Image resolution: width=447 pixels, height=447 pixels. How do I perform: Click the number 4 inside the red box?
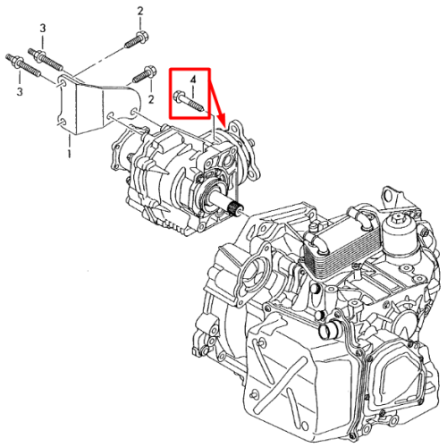point(193,80)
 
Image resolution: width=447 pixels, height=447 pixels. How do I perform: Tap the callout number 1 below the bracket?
point(69,153)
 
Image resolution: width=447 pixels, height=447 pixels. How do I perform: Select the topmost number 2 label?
point(140,12)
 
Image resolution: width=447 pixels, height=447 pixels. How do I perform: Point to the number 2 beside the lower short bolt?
point(151,99)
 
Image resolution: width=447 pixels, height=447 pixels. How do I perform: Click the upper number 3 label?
point(43,29)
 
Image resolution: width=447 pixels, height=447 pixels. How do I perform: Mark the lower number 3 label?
point(20,91)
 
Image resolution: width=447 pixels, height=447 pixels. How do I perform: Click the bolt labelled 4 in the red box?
point(189,101)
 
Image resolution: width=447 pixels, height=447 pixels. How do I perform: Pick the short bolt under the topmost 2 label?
point(137,39)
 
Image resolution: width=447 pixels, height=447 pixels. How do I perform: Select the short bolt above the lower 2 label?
point(144,74)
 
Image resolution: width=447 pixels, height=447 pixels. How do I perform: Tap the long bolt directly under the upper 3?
point(46,59)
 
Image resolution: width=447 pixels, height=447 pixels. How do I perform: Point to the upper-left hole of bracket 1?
point(62,82)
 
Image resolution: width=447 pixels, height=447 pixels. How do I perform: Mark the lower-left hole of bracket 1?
point(62,122)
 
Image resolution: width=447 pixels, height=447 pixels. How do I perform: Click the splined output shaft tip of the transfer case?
point(238,207)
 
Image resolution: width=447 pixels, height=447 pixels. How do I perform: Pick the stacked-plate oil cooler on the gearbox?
point(339,247)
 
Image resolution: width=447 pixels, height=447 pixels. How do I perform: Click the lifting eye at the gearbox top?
point(390,196)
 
